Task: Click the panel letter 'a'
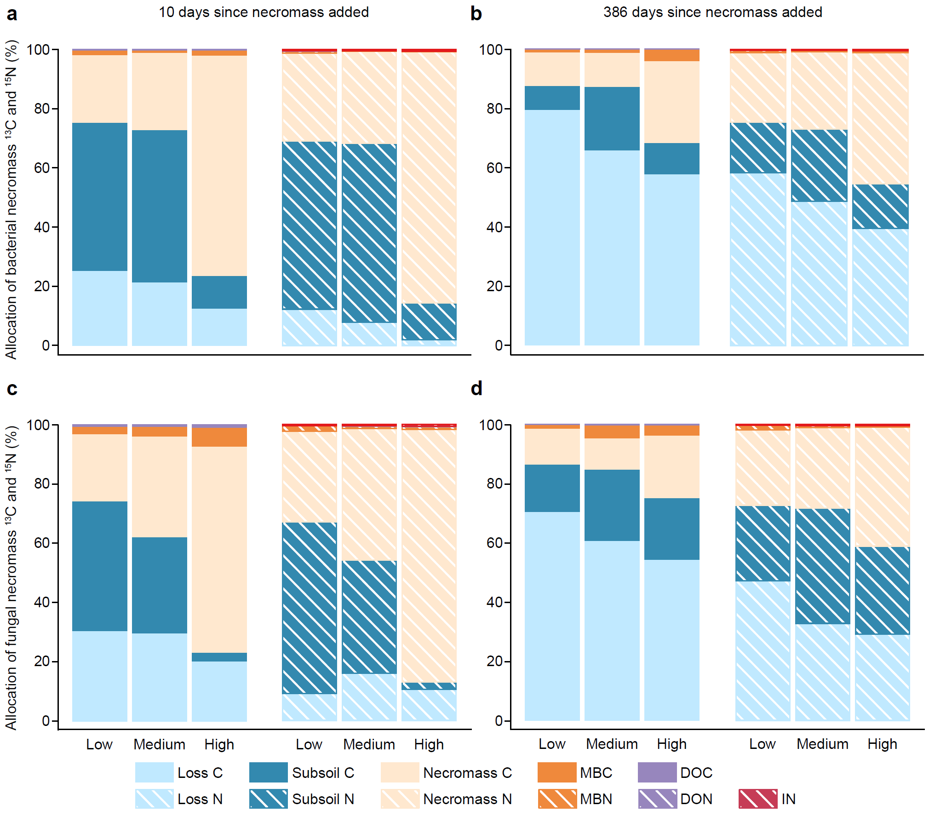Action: pos(12,14)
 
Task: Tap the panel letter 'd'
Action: pos(476,389)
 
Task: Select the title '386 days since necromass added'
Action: pos(712,12)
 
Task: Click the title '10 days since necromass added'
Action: pos(264,12)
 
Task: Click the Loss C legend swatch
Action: pos(154,772)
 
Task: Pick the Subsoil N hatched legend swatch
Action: pos(268,799)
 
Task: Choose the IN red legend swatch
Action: pos(757,799)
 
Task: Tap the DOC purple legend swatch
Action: pos(657,772)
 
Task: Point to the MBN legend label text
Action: pos(596,799)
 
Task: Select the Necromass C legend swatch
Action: pos(400,772)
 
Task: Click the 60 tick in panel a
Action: pos(42,168)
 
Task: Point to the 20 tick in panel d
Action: pos(494,662)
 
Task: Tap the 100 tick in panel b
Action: pos(491,50)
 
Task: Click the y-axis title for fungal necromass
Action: pos(11,577)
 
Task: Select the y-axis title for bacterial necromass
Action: pos(11,200)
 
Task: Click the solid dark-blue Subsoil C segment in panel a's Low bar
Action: pos(100,197)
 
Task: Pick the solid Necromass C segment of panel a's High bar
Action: pos(219,166)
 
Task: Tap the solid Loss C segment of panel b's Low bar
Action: pos(552,228)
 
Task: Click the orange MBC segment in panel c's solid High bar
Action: pos(219,437)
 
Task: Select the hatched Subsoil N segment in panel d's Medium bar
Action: pos(822,566)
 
